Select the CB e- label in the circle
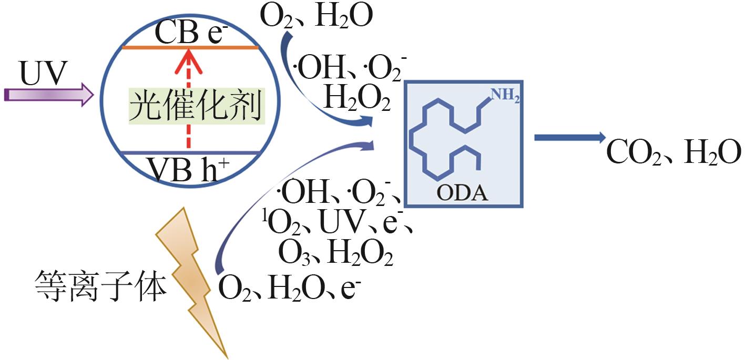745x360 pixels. click(190, 35)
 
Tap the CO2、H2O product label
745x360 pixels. click(673, 153)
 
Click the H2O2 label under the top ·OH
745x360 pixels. click(357, 98)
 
